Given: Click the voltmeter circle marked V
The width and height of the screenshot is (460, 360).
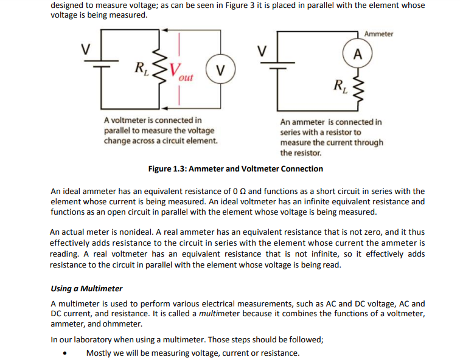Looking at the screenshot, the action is click(x=219, y=67).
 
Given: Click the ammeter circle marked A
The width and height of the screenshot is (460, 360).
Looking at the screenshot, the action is click(x=357, y=53).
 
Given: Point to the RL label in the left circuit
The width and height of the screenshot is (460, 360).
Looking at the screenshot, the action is click(x=141, y=66).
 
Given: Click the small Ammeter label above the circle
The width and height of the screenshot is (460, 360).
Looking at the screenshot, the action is click(x=379, y=34).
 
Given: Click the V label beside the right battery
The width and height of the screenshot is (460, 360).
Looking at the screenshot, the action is click(x=263, y=50).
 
